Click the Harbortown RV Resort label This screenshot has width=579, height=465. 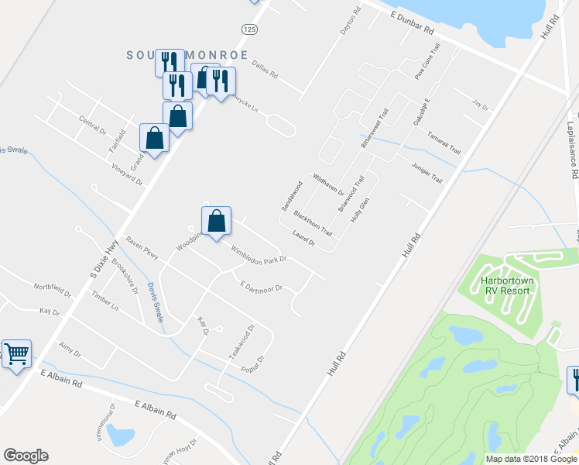click(505, 285)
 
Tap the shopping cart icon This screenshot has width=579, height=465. click(16, 353)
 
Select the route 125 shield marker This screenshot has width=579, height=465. click(248, 29)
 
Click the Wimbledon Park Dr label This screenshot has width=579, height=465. click(259, 253)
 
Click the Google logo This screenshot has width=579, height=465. click(26, 456)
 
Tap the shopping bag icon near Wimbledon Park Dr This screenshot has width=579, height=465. click(218, 221)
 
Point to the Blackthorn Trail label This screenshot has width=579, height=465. click(313, 222)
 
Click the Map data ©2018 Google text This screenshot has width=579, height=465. click(532, 459)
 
